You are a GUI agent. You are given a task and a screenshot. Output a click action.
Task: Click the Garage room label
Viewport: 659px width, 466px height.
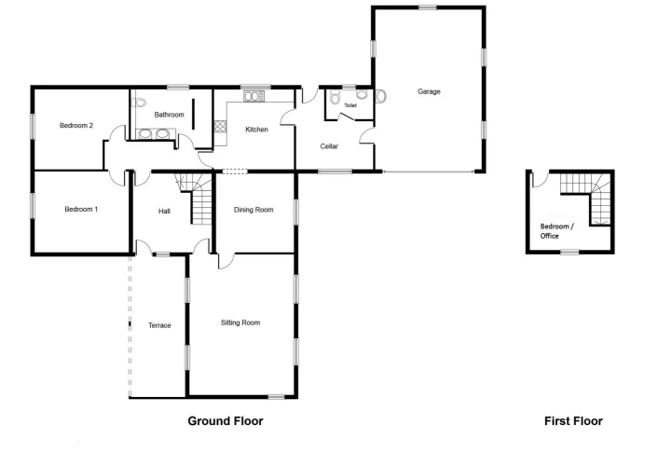(429, 91)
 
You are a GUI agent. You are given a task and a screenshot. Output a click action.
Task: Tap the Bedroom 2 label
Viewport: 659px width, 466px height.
(76, 125)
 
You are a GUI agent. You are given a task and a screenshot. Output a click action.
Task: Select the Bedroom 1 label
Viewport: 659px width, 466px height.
(81, 209)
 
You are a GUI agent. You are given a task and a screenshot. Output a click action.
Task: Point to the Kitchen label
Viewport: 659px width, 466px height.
(256, 130)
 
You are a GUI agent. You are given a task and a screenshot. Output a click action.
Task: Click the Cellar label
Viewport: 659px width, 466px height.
(329, 146)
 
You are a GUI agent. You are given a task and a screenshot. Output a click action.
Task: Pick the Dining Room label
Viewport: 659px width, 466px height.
(254, 210)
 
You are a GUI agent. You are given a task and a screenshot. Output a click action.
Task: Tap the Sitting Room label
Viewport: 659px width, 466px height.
(240, 322)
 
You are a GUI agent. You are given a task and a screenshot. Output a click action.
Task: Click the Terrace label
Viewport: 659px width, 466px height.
(159, 325)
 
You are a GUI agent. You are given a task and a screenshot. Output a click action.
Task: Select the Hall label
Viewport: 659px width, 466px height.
(164, 211)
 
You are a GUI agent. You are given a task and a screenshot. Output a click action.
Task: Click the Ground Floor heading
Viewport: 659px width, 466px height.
(226, 421)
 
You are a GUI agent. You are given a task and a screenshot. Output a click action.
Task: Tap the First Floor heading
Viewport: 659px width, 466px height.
(573, 421)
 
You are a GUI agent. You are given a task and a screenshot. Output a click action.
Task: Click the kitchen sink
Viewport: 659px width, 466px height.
(254, 97)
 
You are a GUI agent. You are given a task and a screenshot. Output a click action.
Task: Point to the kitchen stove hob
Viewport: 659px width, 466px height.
(220, 127)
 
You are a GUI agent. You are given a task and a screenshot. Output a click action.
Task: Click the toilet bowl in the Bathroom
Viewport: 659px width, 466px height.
(139, 103)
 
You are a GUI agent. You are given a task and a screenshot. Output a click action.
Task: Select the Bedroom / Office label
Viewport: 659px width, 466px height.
(556, 231)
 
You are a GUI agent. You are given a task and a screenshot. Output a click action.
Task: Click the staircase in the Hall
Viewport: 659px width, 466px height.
(196, 198)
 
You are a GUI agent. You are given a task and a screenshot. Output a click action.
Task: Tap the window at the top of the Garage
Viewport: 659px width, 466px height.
(428, 7)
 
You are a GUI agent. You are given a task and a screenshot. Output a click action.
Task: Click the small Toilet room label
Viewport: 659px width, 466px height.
(350, 105)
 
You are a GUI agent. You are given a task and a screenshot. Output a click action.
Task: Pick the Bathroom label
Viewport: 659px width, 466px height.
(169, 115)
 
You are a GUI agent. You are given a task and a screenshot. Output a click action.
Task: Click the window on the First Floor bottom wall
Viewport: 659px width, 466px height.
(570, 253)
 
